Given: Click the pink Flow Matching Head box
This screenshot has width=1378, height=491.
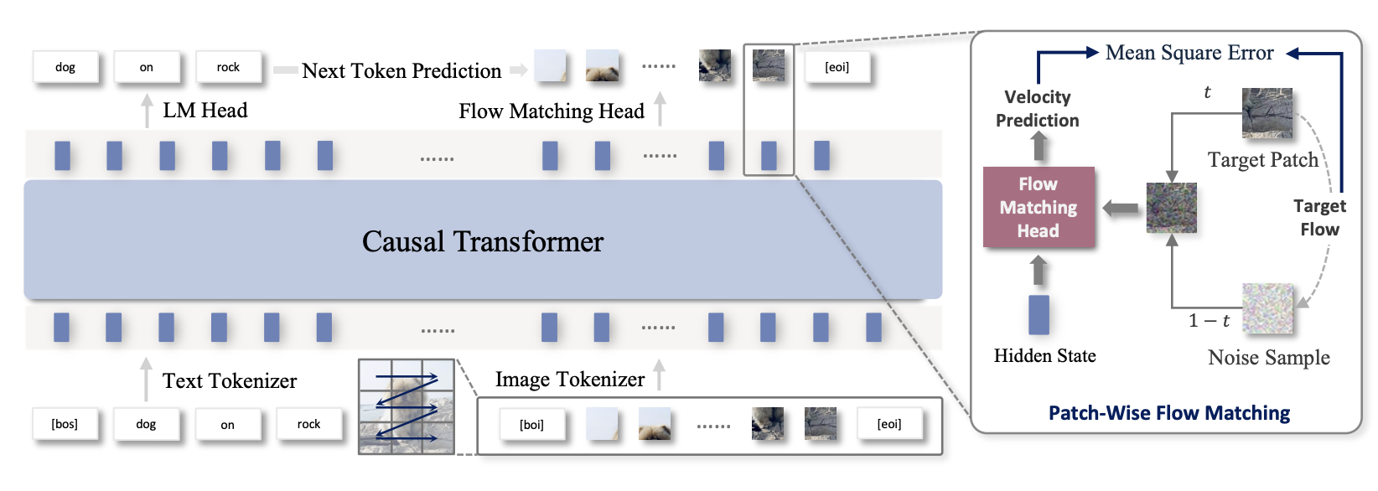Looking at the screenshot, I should tap(1039, 207).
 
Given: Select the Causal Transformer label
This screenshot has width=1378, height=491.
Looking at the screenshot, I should tap(482, 241).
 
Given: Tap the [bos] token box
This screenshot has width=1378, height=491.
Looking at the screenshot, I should tap(65, 424).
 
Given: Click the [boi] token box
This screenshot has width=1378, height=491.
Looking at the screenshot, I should tap(531, 425).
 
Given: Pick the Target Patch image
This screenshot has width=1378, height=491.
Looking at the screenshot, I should tap(1267, 113).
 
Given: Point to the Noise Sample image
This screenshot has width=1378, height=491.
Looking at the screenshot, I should tap(1267, 308).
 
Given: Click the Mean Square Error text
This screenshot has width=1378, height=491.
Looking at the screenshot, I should tap(1189, 53).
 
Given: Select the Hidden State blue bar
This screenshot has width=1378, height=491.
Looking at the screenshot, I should tap(1039, 315).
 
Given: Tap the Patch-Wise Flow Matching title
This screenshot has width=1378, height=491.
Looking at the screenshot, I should tap(1168, 413).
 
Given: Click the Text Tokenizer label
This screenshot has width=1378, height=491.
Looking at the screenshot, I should tap(230, 381).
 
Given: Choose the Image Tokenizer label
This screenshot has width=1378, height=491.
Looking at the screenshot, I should tap(570, 380).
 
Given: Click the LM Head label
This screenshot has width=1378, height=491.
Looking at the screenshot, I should tap(205, 111).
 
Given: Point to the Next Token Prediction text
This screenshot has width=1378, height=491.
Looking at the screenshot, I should tap(401, 71).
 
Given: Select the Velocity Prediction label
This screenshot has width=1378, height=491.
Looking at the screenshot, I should tap(1038, 109).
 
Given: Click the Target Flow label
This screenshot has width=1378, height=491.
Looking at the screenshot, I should tap(1319, 218).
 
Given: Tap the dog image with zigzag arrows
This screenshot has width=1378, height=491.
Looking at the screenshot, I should tap(407, 406).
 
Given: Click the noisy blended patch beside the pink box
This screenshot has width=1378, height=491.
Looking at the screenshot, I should tap(1171, 208).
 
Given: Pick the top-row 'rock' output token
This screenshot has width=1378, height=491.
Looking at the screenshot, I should tap(228, 67).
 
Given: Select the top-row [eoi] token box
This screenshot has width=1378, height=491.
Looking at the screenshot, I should tap(837, 67).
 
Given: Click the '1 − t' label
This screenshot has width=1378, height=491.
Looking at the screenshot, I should tap(1209, 321).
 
